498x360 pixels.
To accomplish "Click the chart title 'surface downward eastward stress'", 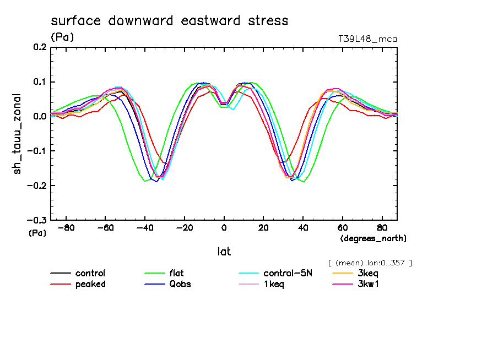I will (169, 21).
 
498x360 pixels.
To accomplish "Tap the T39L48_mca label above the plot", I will (367, 39).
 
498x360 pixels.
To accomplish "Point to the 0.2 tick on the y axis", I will (40, 47).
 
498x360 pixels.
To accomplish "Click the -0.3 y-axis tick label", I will (37, 220).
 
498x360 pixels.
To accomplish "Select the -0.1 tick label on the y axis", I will (37, 151).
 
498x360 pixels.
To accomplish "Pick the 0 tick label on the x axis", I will (224, 227).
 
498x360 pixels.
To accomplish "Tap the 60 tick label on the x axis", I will (342, 227).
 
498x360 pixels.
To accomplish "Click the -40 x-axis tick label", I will (145, 227).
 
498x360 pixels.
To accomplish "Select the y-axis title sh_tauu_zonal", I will (18, 134).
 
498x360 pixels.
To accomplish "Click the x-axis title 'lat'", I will (224, 252).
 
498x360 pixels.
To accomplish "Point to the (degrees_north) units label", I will (373, 238).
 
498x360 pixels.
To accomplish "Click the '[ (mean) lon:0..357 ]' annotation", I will (370, 263).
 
